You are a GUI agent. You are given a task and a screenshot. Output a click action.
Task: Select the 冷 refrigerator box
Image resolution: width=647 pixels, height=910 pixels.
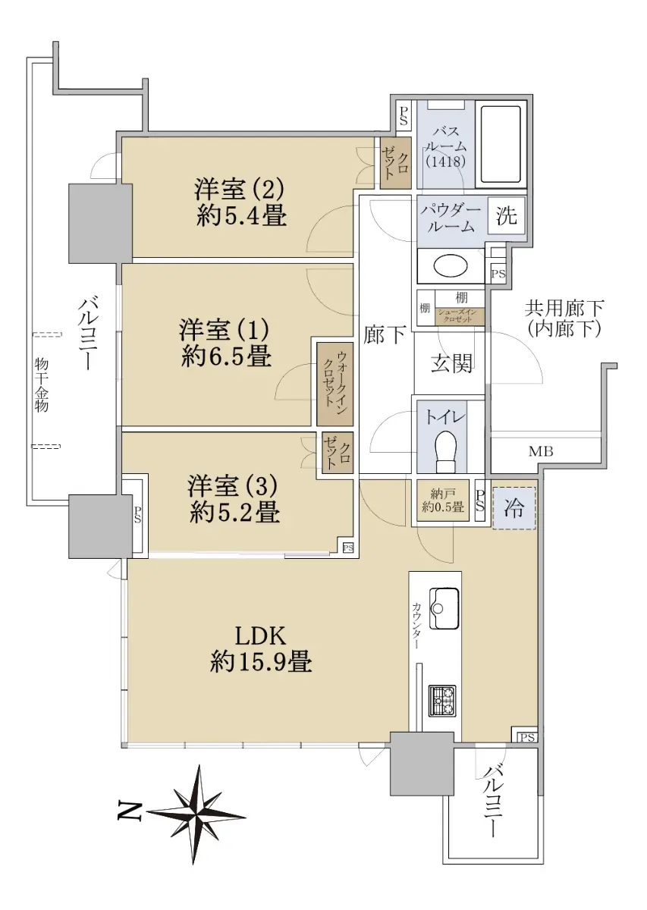tap(514, 508)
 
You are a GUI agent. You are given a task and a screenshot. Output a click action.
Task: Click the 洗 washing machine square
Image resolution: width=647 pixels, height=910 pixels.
tap(506, 215)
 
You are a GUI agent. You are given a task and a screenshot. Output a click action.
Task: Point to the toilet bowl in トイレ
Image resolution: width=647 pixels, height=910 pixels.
tap(446, 450)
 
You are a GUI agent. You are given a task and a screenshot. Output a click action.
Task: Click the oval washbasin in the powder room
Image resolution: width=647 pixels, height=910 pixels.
tap(451, 266)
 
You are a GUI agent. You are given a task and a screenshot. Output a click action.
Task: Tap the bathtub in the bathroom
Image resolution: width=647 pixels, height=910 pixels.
tap(501, 144)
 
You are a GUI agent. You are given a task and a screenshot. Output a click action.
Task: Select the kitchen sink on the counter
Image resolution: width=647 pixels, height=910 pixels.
tap(444, 607)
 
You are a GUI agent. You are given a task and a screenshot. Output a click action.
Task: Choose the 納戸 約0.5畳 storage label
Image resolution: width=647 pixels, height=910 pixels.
tap(442, 501)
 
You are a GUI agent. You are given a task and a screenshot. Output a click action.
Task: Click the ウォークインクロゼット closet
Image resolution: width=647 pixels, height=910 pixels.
tap(335, 384)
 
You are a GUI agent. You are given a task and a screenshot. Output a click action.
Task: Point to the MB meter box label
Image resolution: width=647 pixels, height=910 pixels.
tap(541, 450)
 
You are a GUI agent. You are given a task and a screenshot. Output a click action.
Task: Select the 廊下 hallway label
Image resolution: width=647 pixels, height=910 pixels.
tap(384, 334)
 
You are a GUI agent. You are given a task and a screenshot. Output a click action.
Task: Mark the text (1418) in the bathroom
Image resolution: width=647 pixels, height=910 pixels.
tap(446, 162)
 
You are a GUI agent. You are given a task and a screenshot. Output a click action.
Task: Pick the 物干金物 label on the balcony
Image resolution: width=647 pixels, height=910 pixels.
tap(41, 385)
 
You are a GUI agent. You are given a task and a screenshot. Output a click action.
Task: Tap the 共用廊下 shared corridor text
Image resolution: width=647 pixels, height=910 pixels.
tap(564, 309)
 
